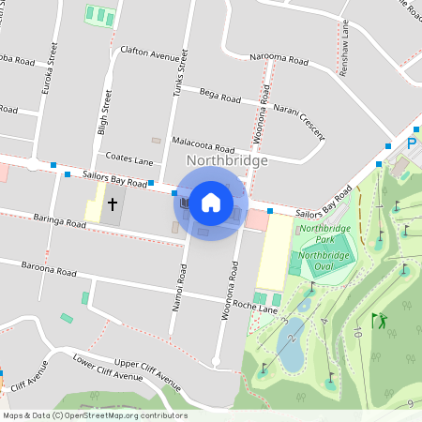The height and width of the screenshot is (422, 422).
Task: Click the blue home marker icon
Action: point(211,202)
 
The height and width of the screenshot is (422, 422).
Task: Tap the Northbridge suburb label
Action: point(227,160)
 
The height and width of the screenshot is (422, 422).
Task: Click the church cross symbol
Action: point(113,203)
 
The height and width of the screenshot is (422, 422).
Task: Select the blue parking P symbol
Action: point(411,143)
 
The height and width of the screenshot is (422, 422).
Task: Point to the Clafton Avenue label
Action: point(150,55)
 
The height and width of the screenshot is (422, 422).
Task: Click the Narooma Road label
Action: point(279,59)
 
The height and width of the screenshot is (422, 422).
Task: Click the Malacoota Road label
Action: point(203,144)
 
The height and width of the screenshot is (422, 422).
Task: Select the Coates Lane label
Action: point(129,160)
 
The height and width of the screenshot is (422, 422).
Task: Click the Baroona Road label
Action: point(49,270)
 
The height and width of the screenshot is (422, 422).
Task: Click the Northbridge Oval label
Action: point(324,262)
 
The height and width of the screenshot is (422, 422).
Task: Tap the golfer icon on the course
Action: point(379,321)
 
